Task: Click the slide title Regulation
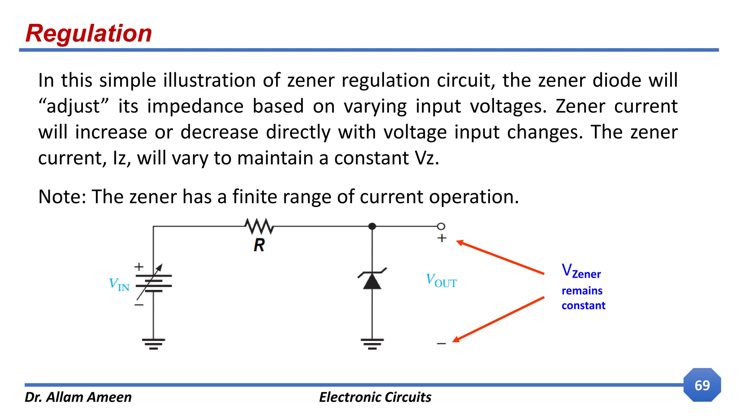coord(89,33)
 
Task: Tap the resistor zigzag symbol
coord(259,226)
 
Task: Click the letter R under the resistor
coord(259,245)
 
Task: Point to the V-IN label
coord(119,285)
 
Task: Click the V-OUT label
coord(441,281)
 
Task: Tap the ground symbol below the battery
coord(153,343)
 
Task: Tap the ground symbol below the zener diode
coord(372,343)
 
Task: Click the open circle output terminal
coord(441,226)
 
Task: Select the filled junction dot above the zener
coord(372,226)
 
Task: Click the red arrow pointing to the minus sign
coord(498,319)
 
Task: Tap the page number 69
coord(702,385)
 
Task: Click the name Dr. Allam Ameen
coord(78,397)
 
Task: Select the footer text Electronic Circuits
coord(375,397)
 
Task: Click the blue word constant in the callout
coord(583,305)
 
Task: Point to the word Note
coord(60,197)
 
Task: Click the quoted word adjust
coord(74,107)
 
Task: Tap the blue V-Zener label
coord(581,271)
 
